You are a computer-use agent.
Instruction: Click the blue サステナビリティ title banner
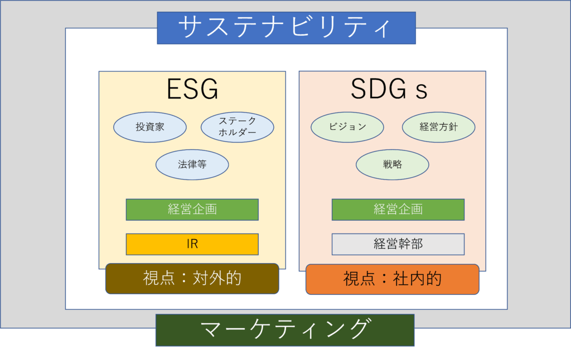[x=286, y=27]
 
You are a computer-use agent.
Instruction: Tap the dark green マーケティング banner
[x=285, y=330]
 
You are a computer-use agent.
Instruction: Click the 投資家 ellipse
[x=150, y=127]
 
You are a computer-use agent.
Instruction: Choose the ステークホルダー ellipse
[x=237, y=127]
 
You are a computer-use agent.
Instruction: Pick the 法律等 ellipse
[x=192, y=164]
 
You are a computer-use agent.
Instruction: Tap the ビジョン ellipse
[x=347, y=127]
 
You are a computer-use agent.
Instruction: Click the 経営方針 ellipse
[x=438, y=127]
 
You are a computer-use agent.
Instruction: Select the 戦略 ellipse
[x=393, y=164]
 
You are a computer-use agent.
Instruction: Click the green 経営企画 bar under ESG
[x=192, y=210]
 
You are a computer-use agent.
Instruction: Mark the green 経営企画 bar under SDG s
[x=398, y=210]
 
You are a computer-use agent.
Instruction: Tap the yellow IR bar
[x=192, y=244]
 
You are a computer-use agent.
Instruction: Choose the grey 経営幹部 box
[x=398, y=244]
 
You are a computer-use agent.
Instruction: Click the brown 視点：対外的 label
[x=192, y=278]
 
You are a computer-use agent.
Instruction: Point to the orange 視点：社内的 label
[x=393, y=279]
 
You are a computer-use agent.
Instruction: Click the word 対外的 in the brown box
[x=217, y=278]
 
